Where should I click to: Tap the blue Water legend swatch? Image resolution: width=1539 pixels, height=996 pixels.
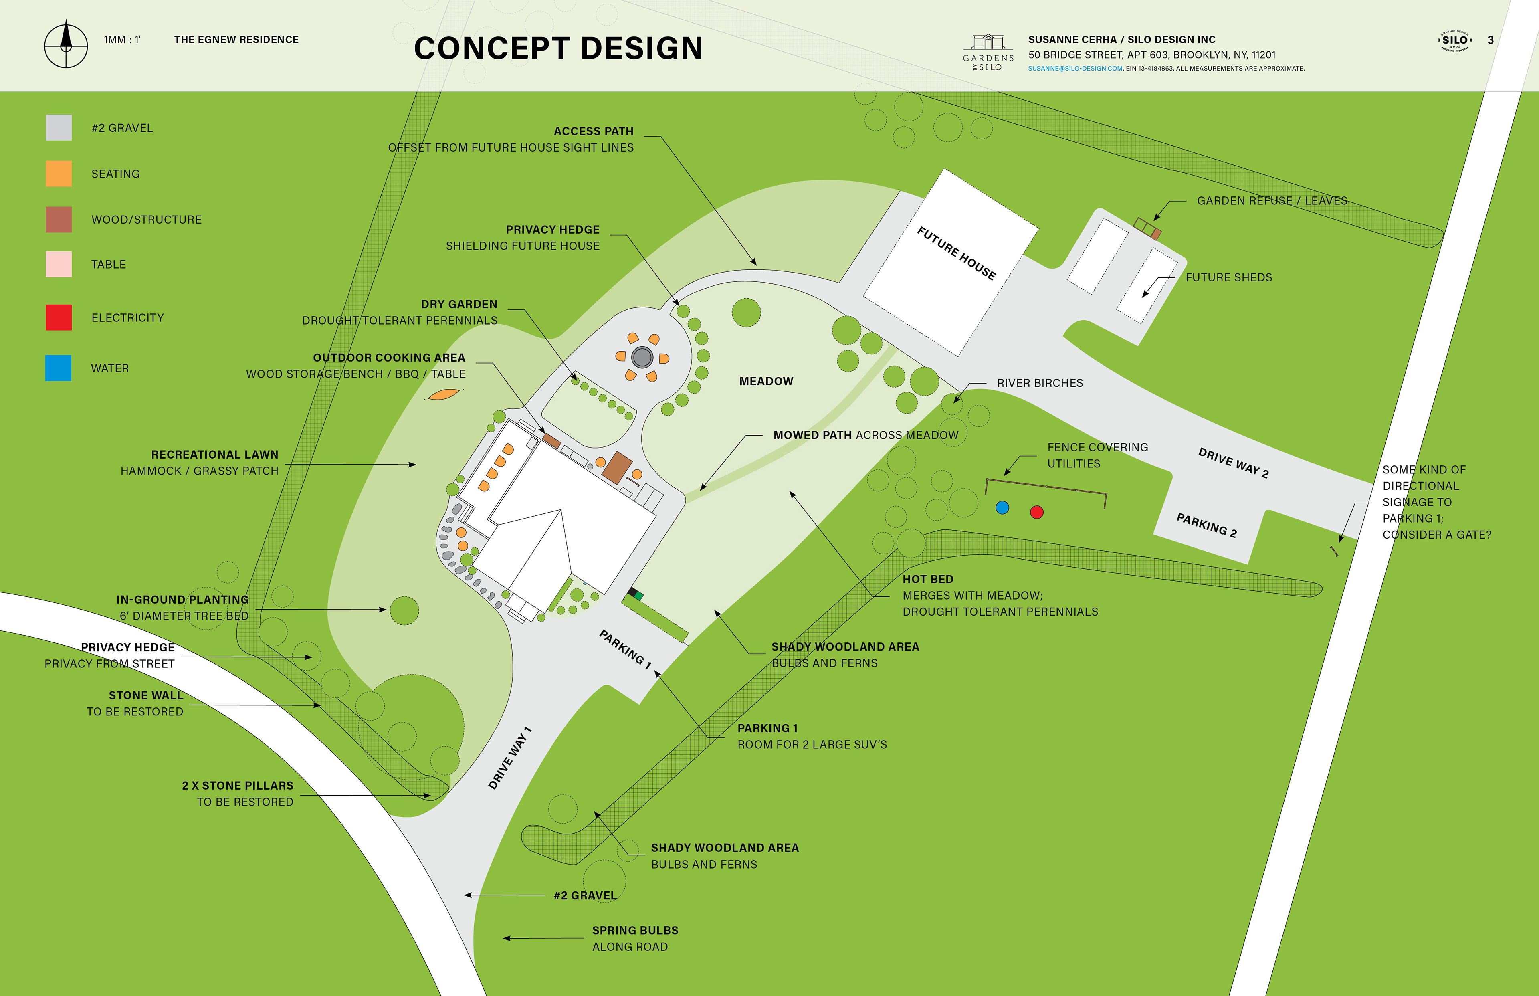click(x=58, y=368)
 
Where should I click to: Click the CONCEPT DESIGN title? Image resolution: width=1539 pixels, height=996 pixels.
click(x=558, y=48)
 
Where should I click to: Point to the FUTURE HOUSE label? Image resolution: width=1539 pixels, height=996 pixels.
click(x=956, y=253)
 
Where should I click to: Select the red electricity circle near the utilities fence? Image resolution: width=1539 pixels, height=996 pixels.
click(x=1036, y=512)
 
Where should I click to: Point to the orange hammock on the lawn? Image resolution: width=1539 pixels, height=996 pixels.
click(x=444, y=394)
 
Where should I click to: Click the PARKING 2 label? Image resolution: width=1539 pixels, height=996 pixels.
click(x=1206, y=525)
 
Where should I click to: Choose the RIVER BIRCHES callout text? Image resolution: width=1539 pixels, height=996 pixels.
click(x=1039, y=383)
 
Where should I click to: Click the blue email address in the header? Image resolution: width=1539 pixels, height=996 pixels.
click(x=1075, y=69)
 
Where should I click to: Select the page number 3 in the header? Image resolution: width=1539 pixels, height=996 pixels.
click(x=1490, y=40)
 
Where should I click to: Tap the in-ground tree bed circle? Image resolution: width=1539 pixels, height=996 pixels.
click(x=404, y=610)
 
